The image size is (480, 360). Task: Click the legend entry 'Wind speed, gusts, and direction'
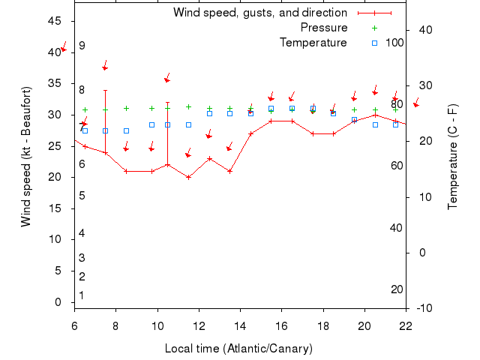(x=260, y=13)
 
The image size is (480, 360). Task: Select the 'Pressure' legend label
(x=324, y=28)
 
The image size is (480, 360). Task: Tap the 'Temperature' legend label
(x=313, y=42)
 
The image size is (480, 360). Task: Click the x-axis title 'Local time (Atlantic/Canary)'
(x=238, y=349)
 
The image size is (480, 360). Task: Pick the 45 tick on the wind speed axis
(x=54, y=21)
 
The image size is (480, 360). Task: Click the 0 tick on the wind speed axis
(x=58, y=302)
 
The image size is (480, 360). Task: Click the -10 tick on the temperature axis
(x=423, y=308)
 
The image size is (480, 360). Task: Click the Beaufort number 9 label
(x=82, y=46)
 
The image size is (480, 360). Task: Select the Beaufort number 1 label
(x=82, y=295)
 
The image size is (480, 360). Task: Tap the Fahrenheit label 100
(x=394, y=42)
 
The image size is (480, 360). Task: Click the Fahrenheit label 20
(x=397, y=289)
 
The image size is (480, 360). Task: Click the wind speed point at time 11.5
(x=188, y=177)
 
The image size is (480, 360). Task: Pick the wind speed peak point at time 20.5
(x=375, y=115)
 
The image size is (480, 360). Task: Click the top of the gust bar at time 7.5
(x=106, y=90)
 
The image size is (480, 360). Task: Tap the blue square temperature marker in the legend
(x=374, y=42)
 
